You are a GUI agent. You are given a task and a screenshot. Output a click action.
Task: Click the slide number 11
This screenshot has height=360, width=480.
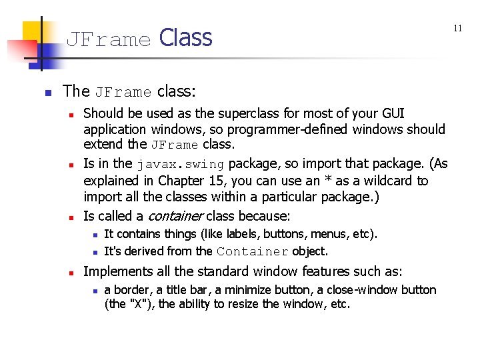tap(458, 28)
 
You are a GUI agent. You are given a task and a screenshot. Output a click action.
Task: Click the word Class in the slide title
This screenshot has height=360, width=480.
tap(186, 38)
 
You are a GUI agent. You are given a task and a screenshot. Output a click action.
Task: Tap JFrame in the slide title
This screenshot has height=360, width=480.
tap(109, 40)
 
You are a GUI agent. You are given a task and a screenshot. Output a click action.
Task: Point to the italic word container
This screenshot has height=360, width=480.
tap(175, 216)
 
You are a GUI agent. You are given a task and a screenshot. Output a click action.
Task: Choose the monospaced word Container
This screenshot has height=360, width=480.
tap(252, 252)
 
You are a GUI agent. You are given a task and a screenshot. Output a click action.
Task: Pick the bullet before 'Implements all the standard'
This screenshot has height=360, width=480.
tap(70, 272)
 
